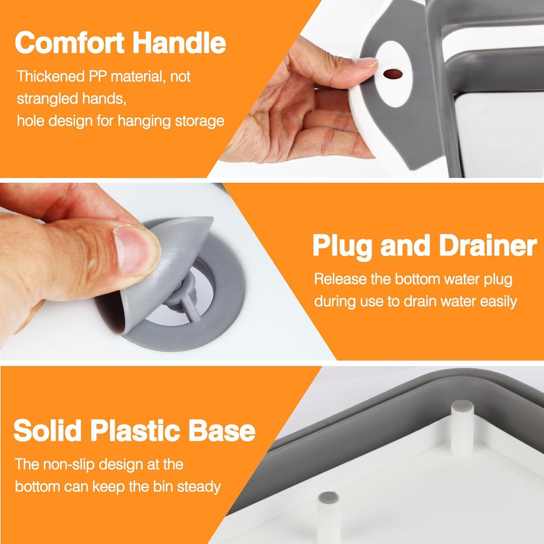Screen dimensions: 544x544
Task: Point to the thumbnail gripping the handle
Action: click(364, 65)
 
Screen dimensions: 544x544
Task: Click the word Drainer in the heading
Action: click(488, 246)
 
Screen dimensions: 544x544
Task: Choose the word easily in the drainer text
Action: click(498, 301)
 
